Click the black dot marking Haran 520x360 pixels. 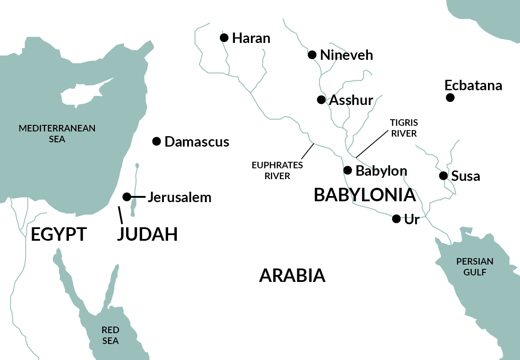click(224, 38)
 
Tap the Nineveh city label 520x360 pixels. click(346, 55)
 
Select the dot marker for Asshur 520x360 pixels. click(321, 100)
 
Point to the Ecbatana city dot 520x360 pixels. click(450, 98)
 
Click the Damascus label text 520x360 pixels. click(197, 141)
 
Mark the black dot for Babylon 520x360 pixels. click(348, 170)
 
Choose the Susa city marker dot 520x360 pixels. click(443, 176)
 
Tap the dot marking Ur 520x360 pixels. click(396, 219)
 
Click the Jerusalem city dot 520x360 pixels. click(127, 197)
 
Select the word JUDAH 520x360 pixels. click(147, 234)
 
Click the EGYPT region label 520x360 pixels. click(59, 234)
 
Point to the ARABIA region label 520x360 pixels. click(292, 275)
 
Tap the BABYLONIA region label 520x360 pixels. click(365, 195)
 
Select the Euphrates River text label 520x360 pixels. click(277, 170)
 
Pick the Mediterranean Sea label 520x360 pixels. click(57, 133)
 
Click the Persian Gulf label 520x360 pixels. click(474, 267)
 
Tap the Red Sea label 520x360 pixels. click(110, 335)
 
